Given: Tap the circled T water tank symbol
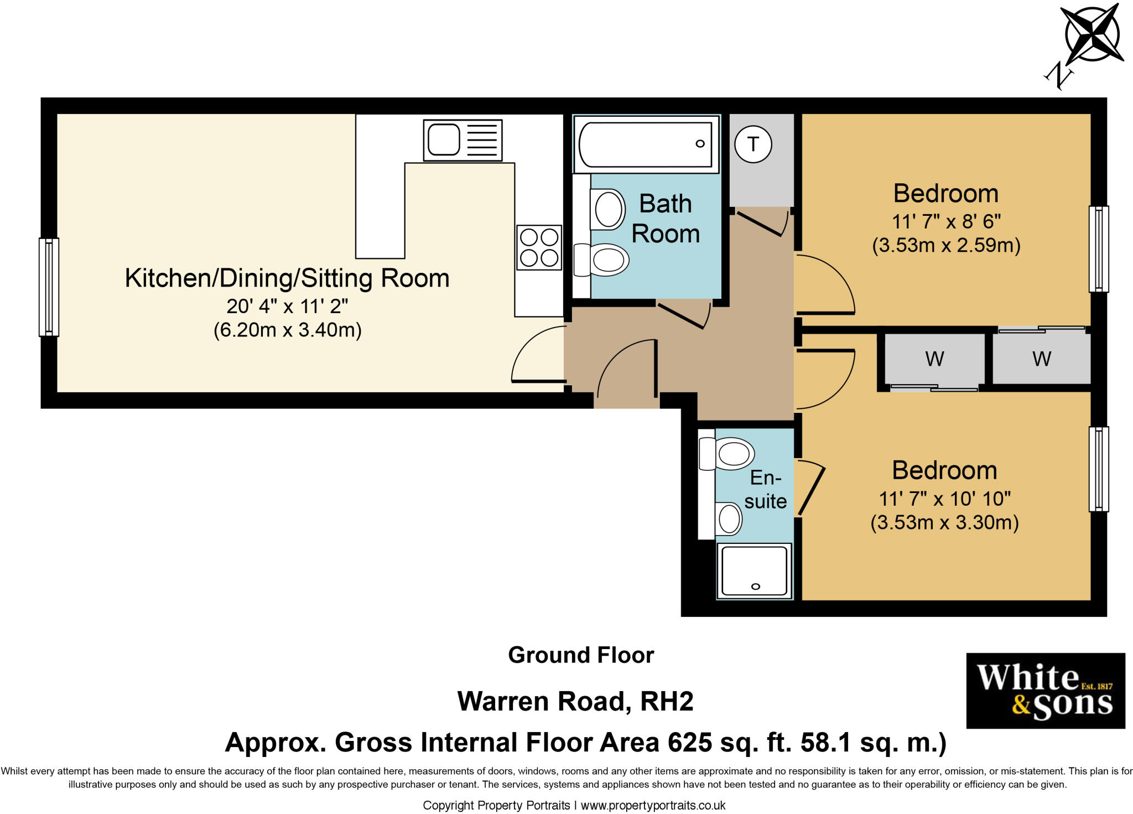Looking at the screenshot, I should [x=753, y=144].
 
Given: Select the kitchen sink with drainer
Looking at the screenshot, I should [x=462, y=140].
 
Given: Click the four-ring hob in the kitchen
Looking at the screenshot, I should [x=539, y=247].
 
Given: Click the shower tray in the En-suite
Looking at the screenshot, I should [x=755, y=571].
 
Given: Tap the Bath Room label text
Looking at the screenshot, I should [x=666, y=219].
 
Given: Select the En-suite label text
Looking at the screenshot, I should [x=765, y=489].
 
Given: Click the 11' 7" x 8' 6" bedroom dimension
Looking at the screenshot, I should [x=946, y=222].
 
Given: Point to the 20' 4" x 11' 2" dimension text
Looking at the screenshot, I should [x=287, y=306].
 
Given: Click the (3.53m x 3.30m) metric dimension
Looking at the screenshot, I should [x=944, y=522].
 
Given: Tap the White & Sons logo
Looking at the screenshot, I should [x=1045, y=691].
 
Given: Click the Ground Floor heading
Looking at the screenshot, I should [x=581, y=655].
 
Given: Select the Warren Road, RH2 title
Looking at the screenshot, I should [x=575, y=702].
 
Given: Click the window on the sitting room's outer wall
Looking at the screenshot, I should [x=49, y=287].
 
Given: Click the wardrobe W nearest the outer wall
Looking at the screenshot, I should [x=1041, y=359].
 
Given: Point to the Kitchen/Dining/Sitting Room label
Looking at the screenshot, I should [x=287, y=278].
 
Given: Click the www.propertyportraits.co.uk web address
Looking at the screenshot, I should [x=653, y=806].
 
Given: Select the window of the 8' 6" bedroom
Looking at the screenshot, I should [x=1099, y=248].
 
